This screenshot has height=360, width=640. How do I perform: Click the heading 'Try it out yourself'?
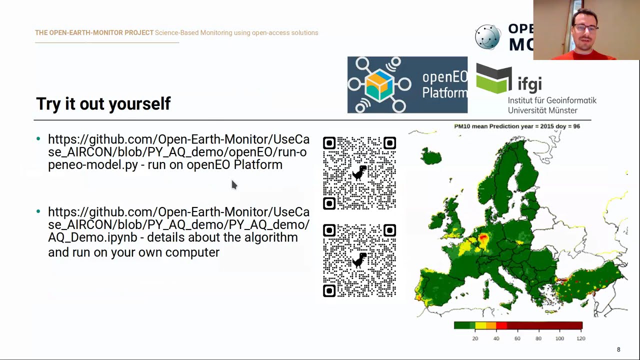103,103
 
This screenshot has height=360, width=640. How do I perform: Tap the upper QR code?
359,173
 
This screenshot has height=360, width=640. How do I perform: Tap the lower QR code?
359,260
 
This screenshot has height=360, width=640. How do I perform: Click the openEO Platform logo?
407,85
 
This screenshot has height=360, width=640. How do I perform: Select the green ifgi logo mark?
494,79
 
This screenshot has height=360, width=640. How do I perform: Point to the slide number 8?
618,349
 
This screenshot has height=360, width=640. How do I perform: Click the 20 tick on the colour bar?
475,338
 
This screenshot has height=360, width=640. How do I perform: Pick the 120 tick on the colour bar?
580,338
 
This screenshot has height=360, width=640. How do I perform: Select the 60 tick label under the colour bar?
517,338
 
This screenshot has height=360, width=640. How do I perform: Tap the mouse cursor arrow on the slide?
233,184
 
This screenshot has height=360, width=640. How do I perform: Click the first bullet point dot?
38,139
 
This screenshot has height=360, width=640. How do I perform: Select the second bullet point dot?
38,211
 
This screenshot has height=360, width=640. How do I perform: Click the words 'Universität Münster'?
542,110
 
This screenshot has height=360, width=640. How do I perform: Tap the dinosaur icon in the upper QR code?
359,173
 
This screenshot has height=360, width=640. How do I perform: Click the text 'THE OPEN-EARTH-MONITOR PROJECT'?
94,33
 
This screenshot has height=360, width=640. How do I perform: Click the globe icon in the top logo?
487,37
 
